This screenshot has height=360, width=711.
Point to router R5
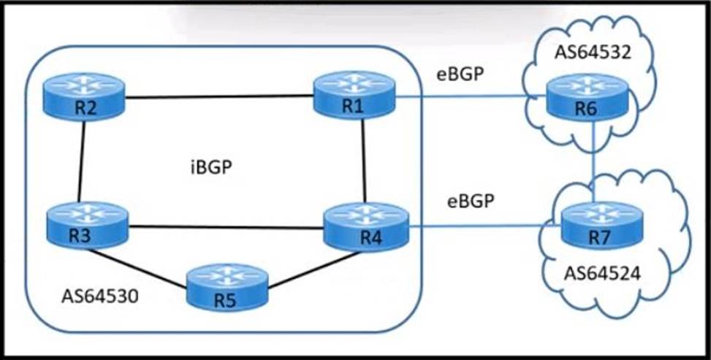tap(227, 286)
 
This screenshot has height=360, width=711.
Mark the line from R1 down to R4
tap(363, 159)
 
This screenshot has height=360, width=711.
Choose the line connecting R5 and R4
tap(307, 266)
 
